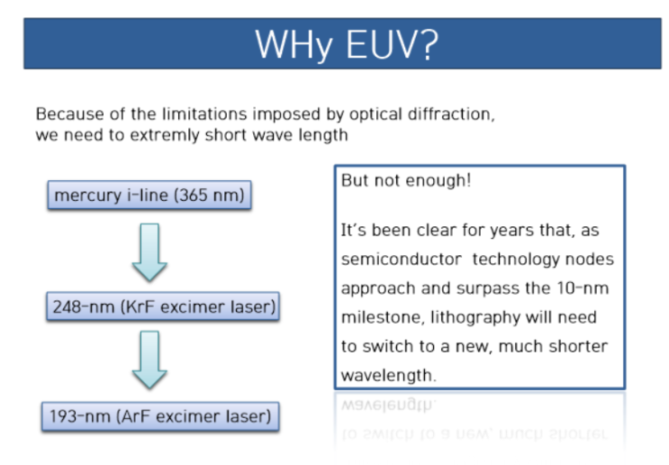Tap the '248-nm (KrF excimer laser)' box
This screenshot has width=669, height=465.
162,307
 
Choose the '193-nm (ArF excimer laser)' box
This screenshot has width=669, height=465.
159,417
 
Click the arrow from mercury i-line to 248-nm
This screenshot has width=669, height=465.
149,251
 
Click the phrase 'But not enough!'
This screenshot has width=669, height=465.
405,180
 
